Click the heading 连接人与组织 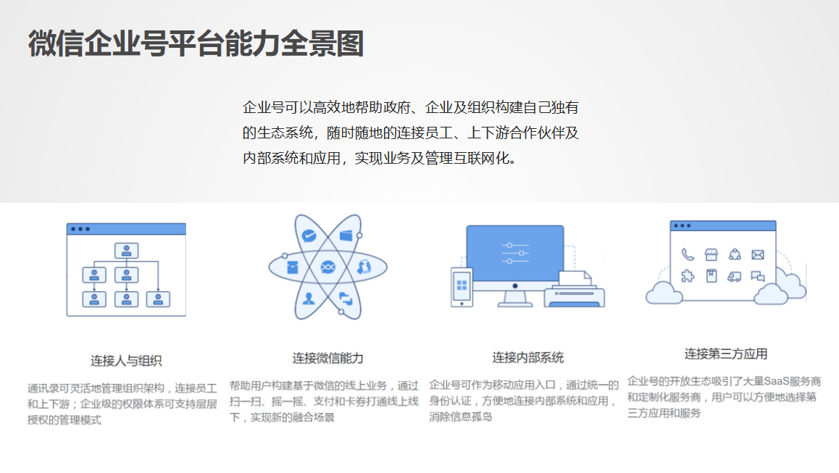tap(126, 361)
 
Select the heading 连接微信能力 tap(327, 359)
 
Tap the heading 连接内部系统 tap(527, 357)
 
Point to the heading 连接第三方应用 tap(725, 353)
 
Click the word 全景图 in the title tap(322, 43)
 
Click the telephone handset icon tap(688, 255)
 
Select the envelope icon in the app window tap(758, 255)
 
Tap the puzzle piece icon tap(688, 276)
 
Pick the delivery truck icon tap(734, 277)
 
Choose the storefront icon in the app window tap(711, 255)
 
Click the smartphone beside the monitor tap(462, 288)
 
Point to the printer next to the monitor tap(574, 290)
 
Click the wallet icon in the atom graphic tap(346, 235)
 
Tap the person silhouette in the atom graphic tap(309, 298)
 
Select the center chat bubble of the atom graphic tap(328, 267)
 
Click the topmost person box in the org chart tap(126, 251)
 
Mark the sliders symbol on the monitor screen tap(515, 253)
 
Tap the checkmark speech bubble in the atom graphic tap(309, 235)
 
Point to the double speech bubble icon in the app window tap(758, 277)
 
